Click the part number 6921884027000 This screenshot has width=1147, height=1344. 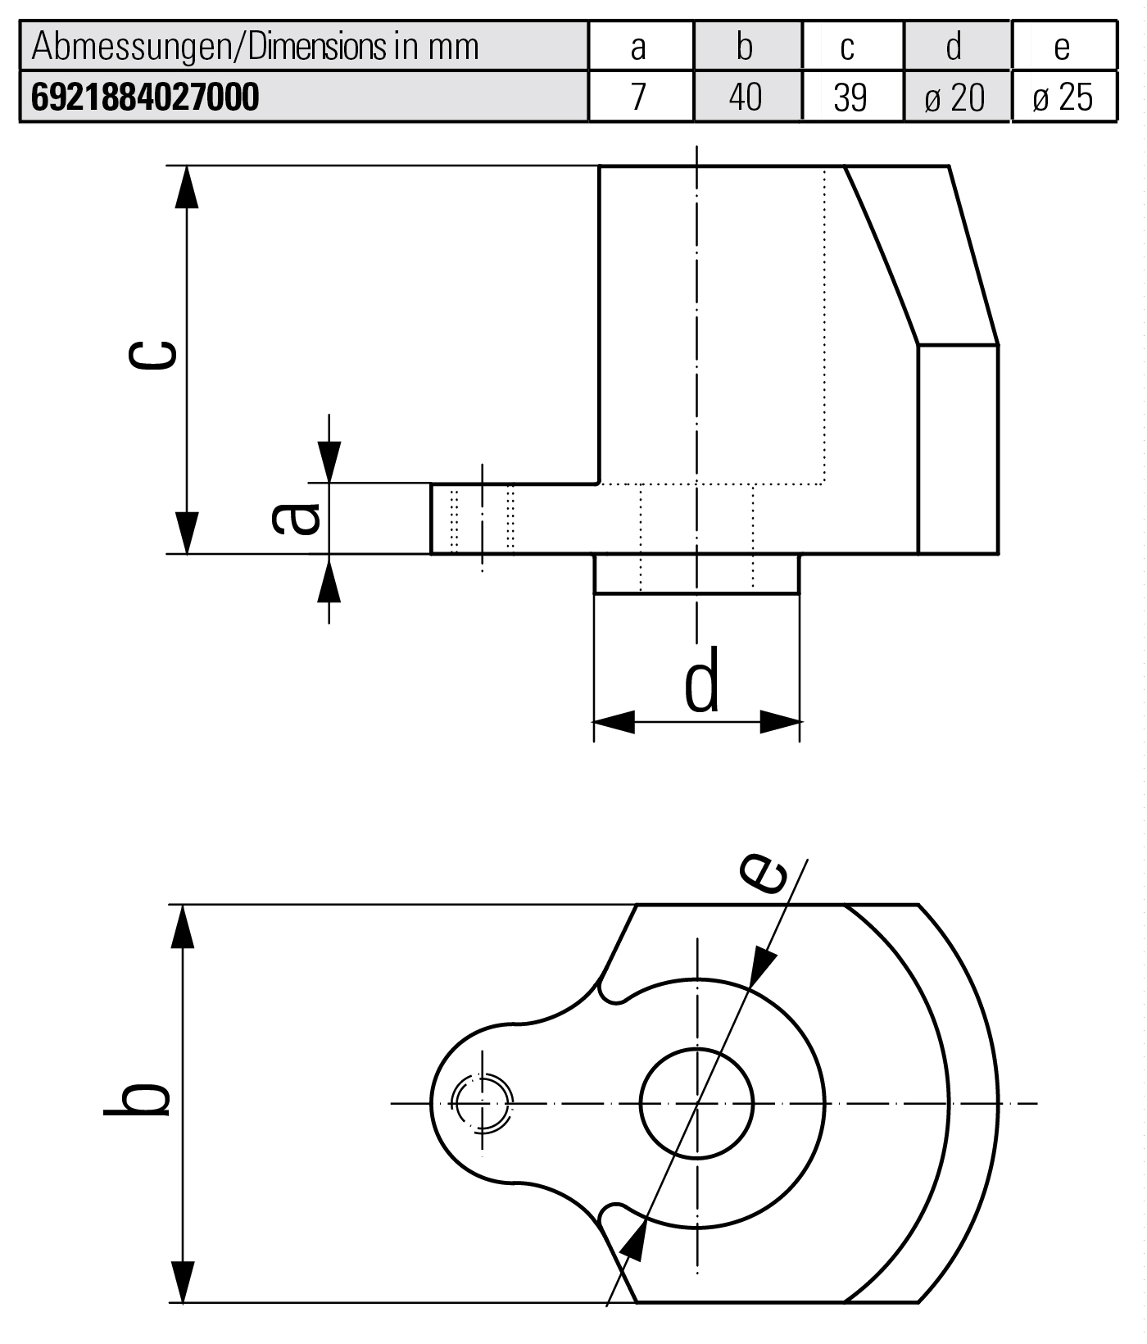click(145, 98)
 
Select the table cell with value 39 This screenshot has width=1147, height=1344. click(850, 98)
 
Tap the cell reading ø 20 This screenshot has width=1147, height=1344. click(955, 98)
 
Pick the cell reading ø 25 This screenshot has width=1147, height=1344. click(1063, 98)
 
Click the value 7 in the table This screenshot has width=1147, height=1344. click(639, 98)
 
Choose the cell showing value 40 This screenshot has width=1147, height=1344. click(746, 98)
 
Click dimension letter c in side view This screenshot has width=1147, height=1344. click(153, 355)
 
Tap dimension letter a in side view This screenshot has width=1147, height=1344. click(297, 518)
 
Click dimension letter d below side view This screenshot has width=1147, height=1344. click(702, 680)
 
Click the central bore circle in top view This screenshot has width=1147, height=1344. click(696, 1103)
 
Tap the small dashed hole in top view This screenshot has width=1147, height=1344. click(483, 1103)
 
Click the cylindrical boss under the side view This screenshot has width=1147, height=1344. click(696, 574)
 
